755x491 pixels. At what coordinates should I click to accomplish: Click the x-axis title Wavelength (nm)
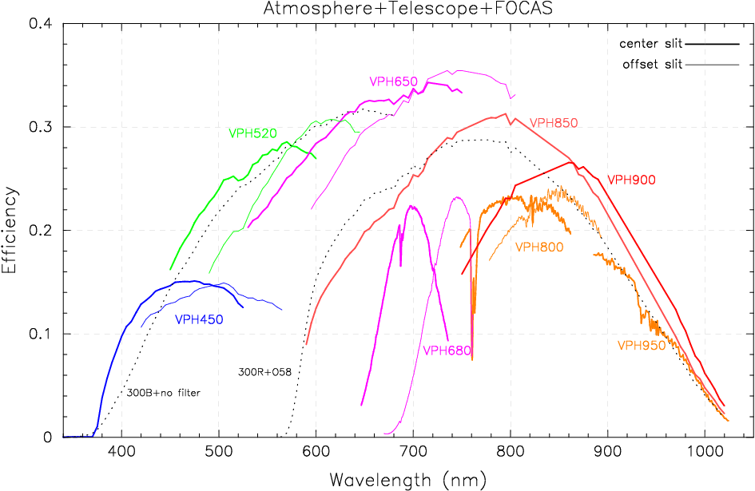click(x=407, y=480)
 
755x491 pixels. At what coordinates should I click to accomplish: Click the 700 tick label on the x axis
click(x=413, y=452)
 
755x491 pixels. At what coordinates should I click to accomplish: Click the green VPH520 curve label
click(x=252, y=133)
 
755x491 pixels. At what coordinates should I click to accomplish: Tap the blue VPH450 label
click(x=199, y=319)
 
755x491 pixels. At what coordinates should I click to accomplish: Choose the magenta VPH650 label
click(x=393, y=81)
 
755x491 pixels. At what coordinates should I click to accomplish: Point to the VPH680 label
click(x=446, y=350)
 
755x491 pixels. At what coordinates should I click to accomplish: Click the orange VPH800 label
click(x=539, y=247)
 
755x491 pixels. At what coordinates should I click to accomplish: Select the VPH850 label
click(x=553, y=123)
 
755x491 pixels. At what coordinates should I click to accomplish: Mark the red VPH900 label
click(x=631, y=180)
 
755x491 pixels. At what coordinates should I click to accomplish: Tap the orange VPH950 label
click(x=641, y=346)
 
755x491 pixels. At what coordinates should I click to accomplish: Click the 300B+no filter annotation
click(x=164, y=393)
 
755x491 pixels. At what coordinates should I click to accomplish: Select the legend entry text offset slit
click(x=652, y=65)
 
